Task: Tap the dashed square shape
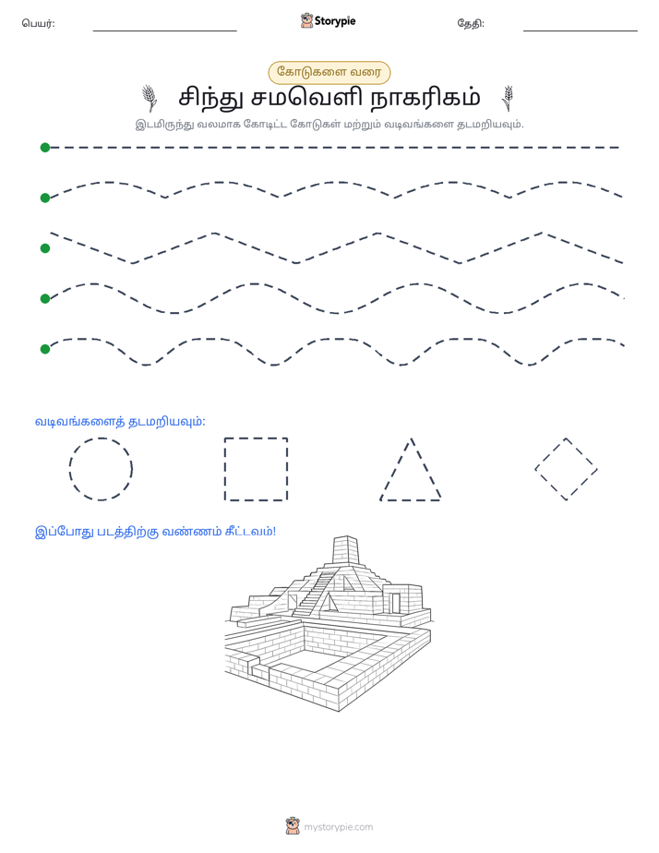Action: (224, 469)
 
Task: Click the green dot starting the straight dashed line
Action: (45, 148)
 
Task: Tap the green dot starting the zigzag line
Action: (45, 248)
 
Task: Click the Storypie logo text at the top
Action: (335, 21)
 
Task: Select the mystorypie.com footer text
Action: (338, 827)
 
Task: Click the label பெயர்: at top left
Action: (38, 23)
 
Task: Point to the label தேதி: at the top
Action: (471, 23)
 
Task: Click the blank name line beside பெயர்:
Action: (164, 30)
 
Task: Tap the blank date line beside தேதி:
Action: (581, 30)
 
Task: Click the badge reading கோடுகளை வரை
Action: (329, 72)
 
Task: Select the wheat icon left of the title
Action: (150, 98)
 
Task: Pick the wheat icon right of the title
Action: (508, 98)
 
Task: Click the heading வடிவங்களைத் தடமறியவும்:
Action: (120, 422)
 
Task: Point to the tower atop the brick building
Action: (346, 550)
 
